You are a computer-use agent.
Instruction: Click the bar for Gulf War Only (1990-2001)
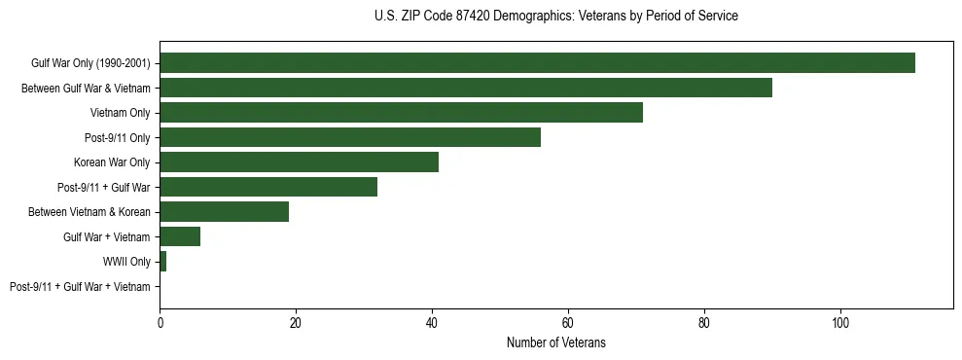point(537,63)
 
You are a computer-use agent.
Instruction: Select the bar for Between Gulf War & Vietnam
point(466,88)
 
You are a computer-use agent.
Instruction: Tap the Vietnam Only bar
point(401,113)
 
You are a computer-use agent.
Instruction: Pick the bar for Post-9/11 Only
point(350,137)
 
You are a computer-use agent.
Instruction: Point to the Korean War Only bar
point(299,162)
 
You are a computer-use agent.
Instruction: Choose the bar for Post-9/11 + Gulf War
point(268,187)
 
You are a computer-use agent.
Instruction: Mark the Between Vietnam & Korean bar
point(224,212)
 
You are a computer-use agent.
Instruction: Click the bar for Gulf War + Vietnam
point(180,236)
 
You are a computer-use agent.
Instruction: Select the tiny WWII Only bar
point(162,262)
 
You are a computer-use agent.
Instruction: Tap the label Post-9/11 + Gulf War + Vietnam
point(80,287)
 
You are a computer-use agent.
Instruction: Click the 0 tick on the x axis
point(160,322)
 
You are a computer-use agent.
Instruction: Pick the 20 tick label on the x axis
point(296,322)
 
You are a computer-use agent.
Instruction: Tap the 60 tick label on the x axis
point(568,322)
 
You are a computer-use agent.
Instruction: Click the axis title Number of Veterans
point(555,342)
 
